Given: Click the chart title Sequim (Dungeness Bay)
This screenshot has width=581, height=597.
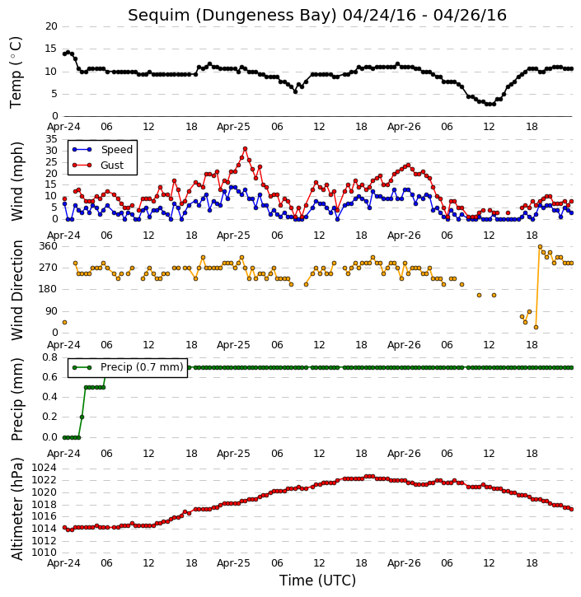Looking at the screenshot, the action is point(232,16).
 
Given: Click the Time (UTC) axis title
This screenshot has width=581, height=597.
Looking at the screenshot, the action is point(317,581).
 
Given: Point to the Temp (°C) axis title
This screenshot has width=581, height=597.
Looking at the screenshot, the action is point(16,72).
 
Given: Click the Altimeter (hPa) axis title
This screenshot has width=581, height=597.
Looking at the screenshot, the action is point(16,509).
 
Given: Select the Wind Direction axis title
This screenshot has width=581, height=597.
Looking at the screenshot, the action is point(17,290).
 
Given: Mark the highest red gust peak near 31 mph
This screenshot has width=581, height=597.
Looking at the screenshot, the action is point(245,149).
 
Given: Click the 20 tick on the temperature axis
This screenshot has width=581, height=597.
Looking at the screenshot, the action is point(51,26).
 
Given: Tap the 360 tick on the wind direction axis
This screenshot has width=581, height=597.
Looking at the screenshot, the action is point(49,246).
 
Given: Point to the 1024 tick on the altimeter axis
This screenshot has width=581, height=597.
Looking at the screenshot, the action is point(44,468).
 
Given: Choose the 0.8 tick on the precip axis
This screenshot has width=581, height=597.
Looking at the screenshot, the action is point(50,357).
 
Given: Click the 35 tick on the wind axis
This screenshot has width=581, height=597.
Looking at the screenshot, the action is point(51,139).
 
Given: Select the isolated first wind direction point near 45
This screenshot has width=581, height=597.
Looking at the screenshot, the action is point(65,323).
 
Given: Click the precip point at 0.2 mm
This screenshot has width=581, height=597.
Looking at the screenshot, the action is point(82,417).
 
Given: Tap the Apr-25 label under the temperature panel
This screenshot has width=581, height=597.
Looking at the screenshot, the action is point(233,127).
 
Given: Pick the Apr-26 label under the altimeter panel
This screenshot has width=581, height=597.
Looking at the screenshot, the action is point(404,563).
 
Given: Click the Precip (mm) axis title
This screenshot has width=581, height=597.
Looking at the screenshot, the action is point(17,399).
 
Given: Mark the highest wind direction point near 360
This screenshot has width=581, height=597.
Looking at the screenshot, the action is point(540,247).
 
